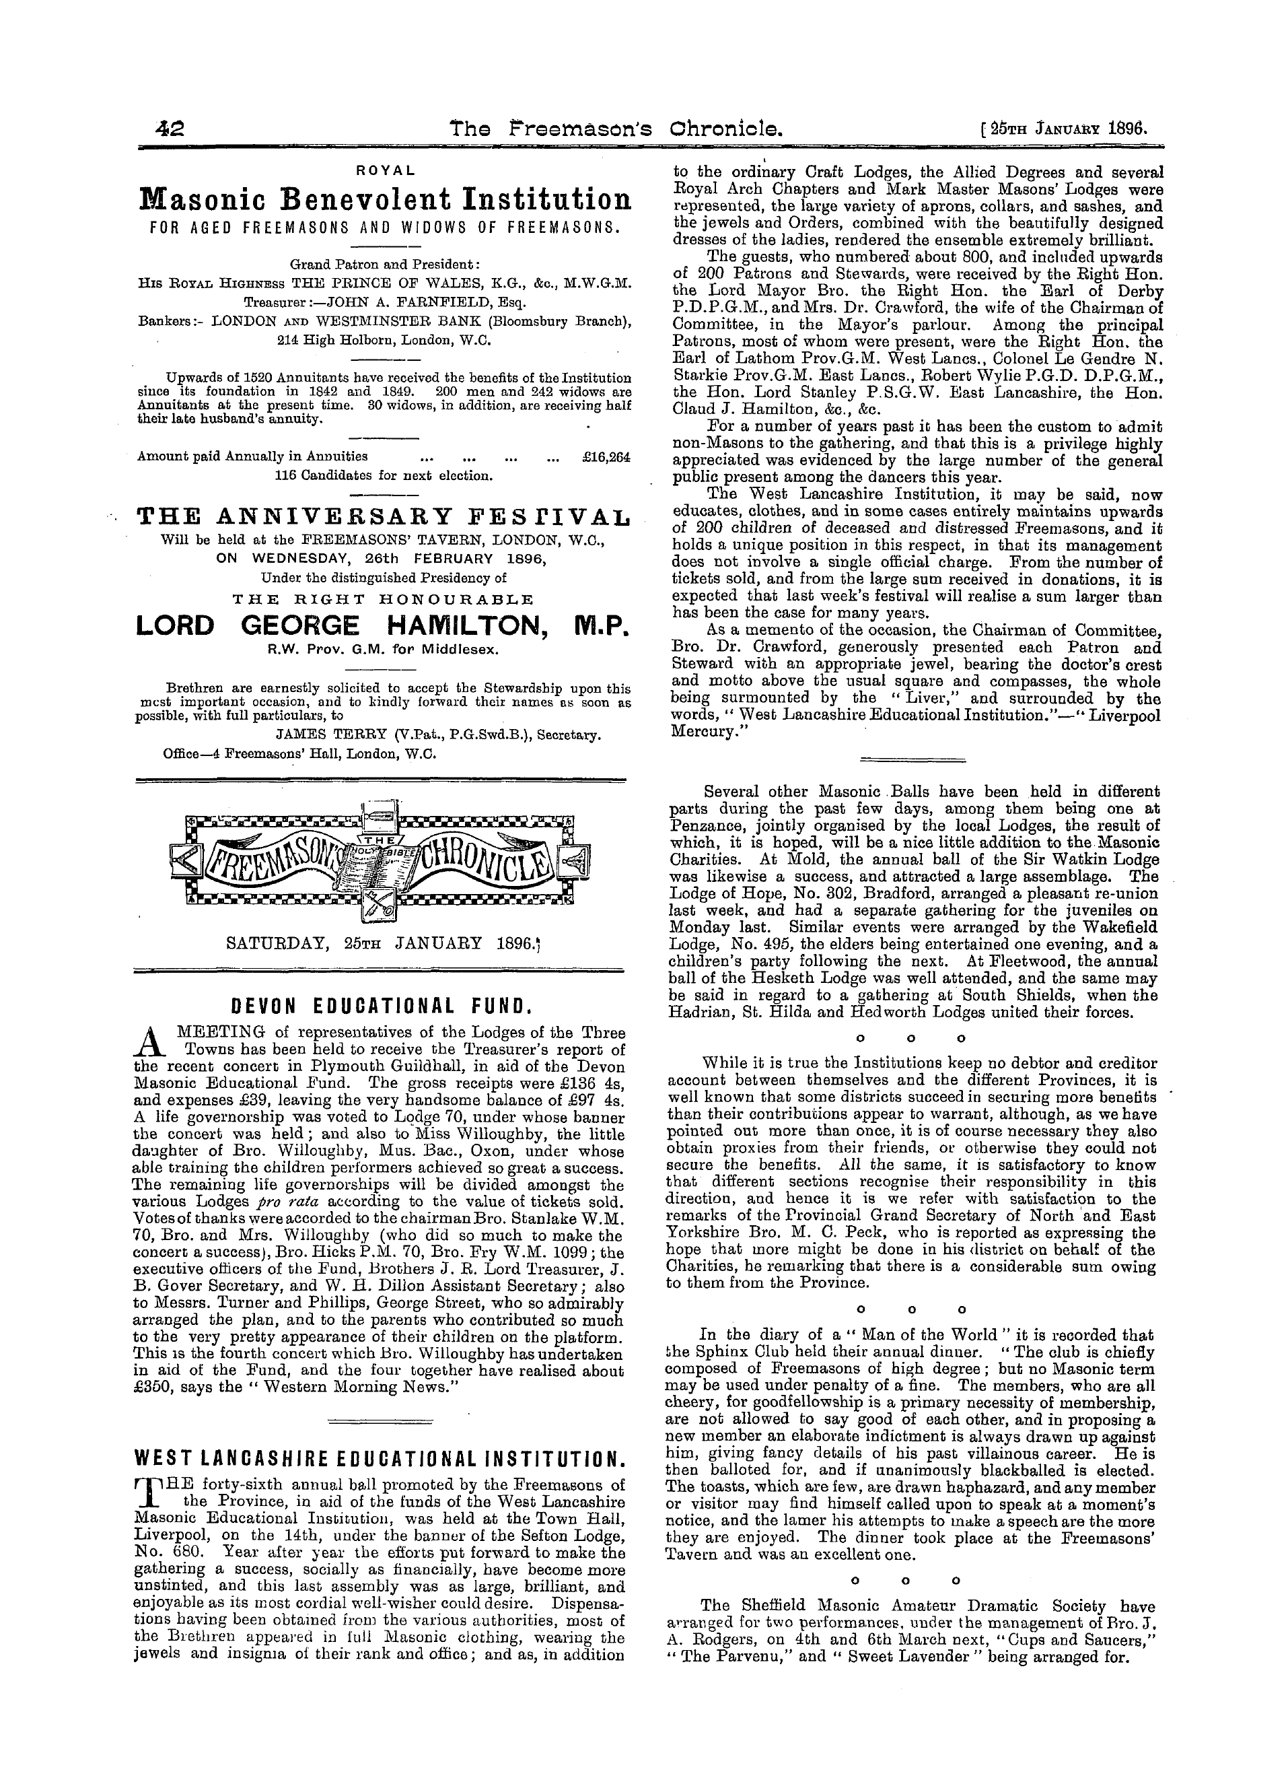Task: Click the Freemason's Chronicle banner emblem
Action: pyautogui.click(x=381, y=860)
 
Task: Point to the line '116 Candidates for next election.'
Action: pyautogui.click(x=384, y=475)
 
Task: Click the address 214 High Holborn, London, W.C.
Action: pyautogui.click(x=384, y=340)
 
